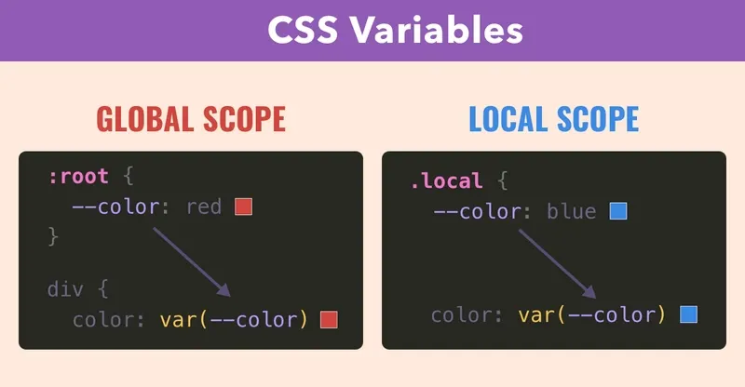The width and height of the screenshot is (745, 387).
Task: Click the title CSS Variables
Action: pyautogui.click(x=395, y=31)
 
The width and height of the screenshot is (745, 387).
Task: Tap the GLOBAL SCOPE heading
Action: pyautogui.click(x=191, y=119)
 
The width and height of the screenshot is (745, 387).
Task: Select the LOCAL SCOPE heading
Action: pyautogui.click(x=553, y=119)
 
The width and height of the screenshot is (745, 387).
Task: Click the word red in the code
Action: pyautogui.click(x=204, y=207)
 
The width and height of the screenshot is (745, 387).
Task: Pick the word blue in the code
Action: pyautogui.click(x=571, y=211)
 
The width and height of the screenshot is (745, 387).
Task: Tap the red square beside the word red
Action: pyautogui.click(x=244, y=207)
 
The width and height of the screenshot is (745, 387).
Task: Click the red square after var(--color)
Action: pyautogui.click(x=328, y=320)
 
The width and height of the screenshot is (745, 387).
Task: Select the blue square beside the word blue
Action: pyautogui.click(x=618, y=211)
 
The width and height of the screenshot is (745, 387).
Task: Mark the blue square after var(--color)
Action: pyautogui.click(x=688, y=314)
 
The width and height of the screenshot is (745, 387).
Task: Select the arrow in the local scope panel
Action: pyautogui.click(x=556, y=262)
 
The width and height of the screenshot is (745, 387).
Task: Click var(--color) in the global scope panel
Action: pyautogui.click(x=233, y=320)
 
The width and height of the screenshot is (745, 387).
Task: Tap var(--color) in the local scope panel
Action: pyautogui.click(x=592, y=314)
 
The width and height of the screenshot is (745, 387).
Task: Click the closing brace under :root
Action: pyautogui.click(x=53, y=236)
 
